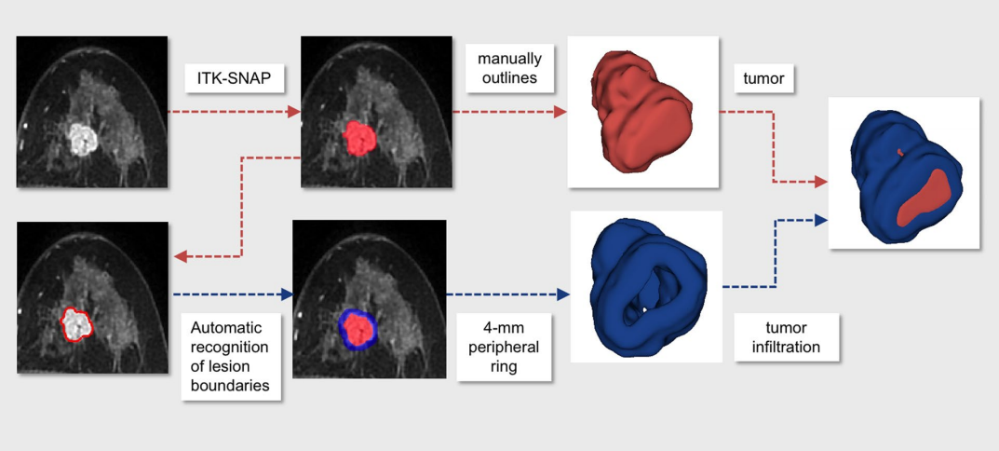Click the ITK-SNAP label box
tap(235, 78)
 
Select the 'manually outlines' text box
tap(507, 68)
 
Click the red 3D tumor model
tap(641, 113)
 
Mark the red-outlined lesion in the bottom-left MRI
tap(76, 323)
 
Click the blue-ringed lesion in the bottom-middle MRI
tap(356, 326)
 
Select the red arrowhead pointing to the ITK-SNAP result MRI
tap(294, 112)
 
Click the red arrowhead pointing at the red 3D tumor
tap(560, 112)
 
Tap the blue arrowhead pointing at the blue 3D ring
tap(563, 294)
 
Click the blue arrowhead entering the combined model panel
tap(821, 220)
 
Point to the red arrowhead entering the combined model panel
tap(821, 182)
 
